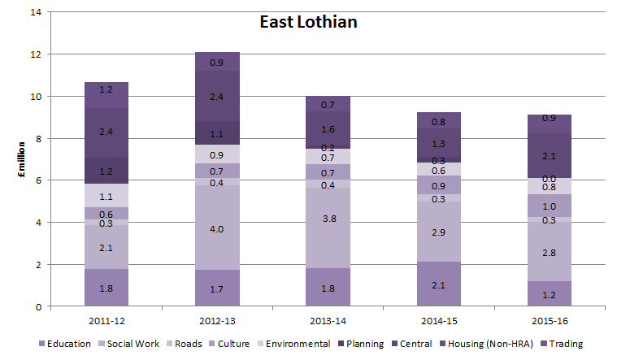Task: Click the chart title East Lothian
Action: point(308,22)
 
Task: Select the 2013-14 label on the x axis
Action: point(328,320)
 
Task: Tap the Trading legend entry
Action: point(561,344)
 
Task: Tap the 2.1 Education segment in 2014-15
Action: point(439,284)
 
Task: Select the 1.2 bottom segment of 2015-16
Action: point(550,294)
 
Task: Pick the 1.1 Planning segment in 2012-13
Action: point(217,133)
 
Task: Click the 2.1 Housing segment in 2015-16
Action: point(550,156)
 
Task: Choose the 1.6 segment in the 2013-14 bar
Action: point(328,128)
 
